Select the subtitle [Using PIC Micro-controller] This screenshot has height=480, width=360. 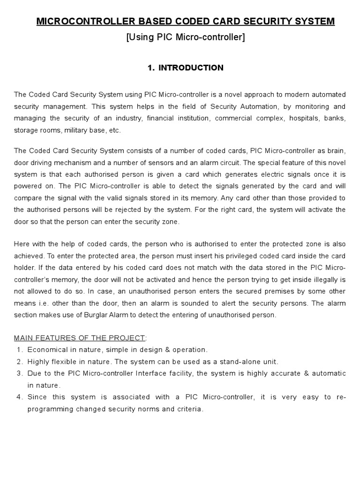pyautogui.click(x=186, y=37)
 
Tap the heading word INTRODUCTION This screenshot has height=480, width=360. pyautogui.click(x=191, y=68)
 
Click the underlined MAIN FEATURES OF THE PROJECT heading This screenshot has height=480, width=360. pyautogui.click(x=80, y=338)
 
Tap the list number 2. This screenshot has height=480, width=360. pyautogui.click(x=19, y=362)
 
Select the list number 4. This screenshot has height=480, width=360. pyautogui.click(x=19, y=397)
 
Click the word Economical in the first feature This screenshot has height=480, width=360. pyautogui.click(x=46, y=350)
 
